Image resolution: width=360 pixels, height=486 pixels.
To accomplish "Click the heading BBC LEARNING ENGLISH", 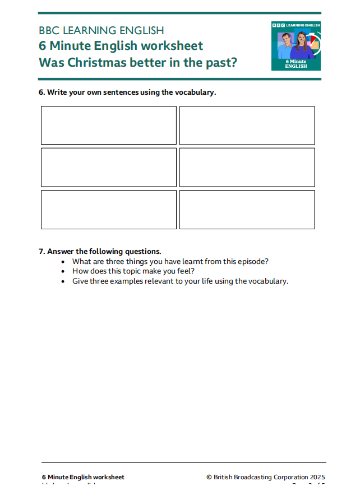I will [x=101, y=30].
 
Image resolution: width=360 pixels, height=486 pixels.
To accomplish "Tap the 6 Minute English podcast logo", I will [x=296, y=46].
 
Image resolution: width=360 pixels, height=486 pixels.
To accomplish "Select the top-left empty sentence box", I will [x=109, y=125].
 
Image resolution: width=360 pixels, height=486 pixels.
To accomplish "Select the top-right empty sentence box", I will [x=247, y=125].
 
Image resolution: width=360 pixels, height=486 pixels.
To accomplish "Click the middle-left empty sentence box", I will [x=109, y=167].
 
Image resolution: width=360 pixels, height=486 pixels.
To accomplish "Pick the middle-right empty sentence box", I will [x=247, y=167].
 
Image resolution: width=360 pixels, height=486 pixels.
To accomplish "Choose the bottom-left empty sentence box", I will [x=109, y=209].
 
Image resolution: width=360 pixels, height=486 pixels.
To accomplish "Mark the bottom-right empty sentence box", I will [x=247, y=209].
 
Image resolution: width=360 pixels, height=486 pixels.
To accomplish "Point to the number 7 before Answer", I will [x=41, y=252].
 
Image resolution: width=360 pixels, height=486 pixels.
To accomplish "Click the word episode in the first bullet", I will [x=252, y=261].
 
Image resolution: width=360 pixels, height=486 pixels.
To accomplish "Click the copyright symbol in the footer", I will [x=209, y=477].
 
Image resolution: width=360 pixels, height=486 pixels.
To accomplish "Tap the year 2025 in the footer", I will [x=317, y=477].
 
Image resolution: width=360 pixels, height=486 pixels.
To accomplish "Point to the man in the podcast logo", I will [x=286, y=45].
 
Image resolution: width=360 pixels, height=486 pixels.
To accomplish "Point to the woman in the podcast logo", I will [x=303, y=45].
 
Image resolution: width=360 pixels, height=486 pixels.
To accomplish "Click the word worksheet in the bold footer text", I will [x=109, y=477].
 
